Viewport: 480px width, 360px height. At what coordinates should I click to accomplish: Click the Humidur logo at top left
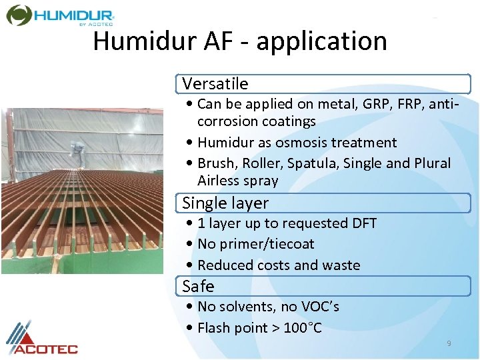pos(60,15)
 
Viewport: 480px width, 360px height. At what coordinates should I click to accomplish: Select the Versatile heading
pos(215,84)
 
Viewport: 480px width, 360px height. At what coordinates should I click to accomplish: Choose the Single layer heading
pos(225,203)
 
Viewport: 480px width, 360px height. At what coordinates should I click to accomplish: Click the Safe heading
pos(198,287)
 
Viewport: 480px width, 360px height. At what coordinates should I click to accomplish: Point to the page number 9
pos(449,343)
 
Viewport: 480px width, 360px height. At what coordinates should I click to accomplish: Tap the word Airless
pos(220,181)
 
